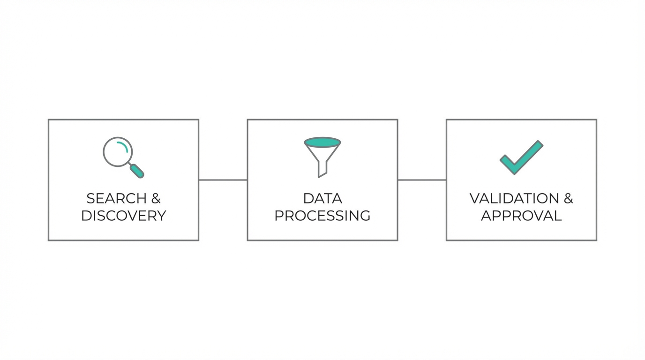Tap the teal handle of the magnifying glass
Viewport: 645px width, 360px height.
137,171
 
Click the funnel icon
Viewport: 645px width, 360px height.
322,157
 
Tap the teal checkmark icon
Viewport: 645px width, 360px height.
521,157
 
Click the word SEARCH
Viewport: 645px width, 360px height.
113,199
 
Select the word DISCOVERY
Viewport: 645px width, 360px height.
123,216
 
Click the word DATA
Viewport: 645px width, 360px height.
322,199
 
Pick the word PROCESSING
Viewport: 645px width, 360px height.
322,216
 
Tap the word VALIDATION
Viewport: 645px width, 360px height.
514,199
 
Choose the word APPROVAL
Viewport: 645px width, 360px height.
521,216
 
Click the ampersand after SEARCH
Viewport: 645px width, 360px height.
156,199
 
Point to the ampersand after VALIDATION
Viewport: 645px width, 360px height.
568,199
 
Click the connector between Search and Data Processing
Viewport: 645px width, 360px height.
223,180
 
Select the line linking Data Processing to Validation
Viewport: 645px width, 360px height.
422,180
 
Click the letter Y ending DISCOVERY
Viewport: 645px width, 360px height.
161,216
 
